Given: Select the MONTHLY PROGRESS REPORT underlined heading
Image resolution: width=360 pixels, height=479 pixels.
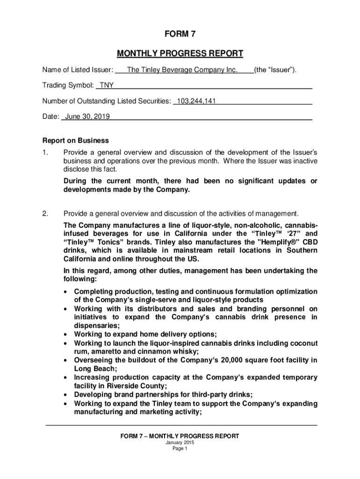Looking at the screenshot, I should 180,53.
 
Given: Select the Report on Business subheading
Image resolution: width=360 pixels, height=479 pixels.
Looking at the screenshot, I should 76,140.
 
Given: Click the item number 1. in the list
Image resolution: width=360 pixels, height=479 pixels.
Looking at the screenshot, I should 45,152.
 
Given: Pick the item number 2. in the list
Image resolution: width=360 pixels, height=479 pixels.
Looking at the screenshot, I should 45,214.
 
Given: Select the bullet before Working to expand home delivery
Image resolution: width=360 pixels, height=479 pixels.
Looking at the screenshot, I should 66,334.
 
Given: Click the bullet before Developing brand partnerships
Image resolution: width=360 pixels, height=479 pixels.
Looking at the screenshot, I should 66,394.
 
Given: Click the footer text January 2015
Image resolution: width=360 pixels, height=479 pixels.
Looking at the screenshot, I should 180,443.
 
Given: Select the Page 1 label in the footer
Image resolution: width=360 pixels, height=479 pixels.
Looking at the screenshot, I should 180,449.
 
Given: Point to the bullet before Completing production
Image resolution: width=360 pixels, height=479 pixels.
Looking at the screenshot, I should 66,292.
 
